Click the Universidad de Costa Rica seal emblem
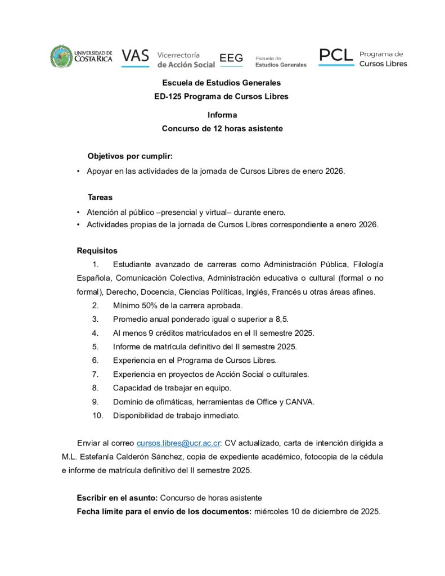pyautogui.click(x=61, y=57)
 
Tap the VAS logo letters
pyautogui.click(x=135, y=56)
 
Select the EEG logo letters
pyautogui.click(x=231, y=58)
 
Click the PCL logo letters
pyautogui.click(x=336, y=55)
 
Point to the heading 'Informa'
pyautogui.click(x=222, y=115)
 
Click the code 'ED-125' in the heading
pyautogui.click(x=168, y=96)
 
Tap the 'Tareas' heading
pyautogui.click(x=100, y=197)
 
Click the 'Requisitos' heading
pyautogui.click(x=97, y=251)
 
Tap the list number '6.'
pyautogui.click(x=96, y=361)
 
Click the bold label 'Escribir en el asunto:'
pyautogui.click(x=118, y=498)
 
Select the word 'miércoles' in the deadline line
pyautogui.click(x=272, y=512)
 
